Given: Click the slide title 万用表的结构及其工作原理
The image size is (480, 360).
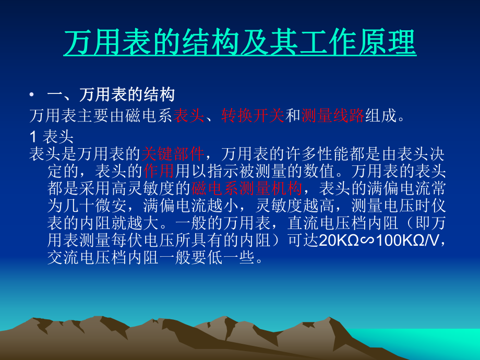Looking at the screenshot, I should (x=240, y=43).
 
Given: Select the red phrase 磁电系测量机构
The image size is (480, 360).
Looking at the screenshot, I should (x=246, y=188).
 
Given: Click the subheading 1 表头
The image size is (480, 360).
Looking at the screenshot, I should (x=51, y=137).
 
